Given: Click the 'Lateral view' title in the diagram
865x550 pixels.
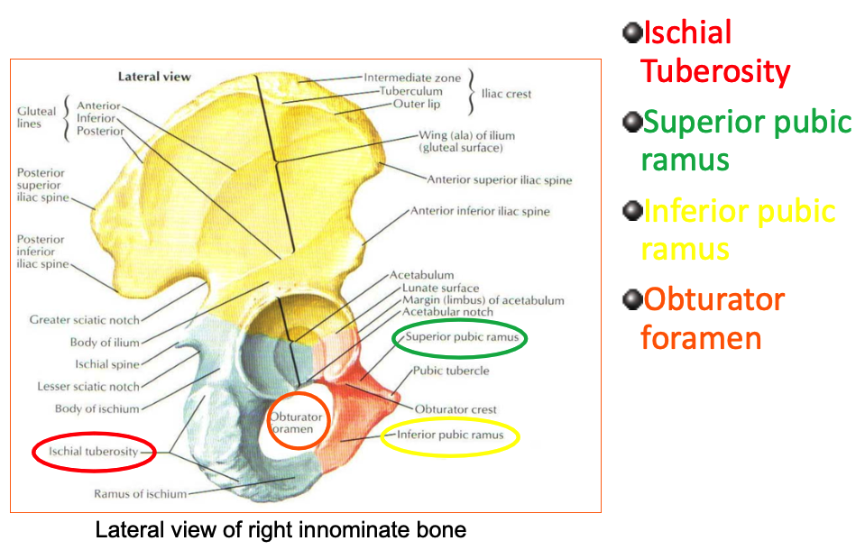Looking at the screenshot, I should (154, 77).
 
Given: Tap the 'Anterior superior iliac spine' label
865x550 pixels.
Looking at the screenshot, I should (499, 180).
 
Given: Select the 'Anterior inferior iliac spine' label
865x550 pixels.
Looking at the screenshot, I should (480, 212).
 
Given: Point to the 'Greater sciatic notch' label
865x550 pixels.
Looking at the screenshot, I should (85, 320).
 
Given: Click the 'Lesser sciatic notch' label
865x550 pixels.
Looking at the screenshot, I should (88, 387).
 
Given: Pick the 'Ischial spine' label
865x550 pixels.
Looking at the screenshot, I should (107, 365).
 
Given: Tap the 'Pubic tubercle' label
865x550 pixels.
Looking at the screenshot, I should (451, 371).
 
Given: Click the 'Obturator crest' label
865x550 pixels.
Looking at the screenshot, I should (456, 409).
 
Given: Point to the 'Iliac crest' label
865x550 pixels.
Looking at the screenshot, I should (506, 94).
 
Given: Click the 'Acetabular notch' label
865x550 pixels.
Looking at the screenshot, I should (447, 312).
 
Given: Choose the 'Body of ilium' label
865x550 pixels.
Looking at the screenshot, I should (105, 343).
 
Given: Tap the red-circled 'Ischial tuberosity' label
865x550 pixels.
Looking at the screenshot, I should (94, 452).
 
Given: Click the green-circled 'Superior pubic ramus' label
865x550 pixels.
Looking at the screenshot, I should (460, 337).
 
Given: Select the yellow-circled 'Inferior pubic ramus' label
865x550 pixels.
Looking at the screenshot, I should (450, 435).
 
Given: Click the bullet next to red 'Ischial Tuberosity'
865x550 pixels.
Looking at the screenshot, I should (630, 34).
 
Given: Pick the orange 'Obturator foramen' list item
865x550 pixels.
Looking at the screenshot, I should (713, 318).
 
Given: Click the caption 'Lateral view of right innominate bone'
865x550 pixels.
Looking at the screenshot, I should (281, 530).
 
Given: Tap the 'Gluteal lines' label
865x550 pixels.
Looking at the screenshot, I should (37, 117).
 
